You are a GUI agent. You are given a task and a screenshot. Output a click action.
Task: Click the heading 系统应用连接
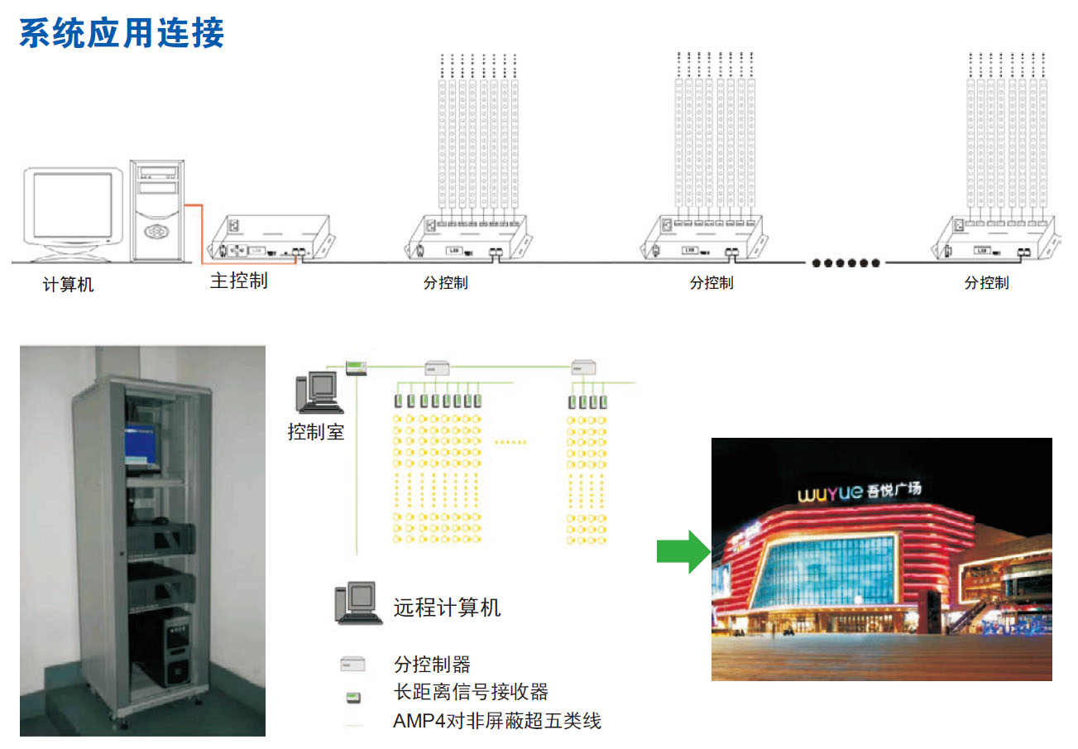tap(122, 34)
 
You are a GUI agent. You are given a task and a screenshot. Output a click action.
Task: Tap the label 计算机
tap(68, 286)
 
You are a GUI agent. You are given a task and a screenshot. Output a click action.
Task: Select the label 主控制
tap(239, 281)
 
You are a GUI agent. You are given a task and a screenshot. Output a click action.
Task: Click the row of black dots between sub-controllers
tap(845, 263)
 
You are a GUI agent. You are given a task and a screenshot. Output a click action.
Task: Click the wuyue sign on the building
tap(858, 492)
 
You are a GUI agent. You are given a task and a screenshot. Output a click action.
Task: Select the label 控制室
tap(315, 431)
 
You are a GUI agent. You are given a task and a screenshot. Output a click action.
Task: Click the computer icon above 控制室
tap(318, 392)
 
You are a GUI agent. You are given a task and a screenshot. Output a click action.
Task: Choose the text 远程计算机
tap(447, 608)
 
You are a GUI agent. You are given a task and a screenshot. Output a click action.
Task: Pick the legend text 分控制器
tap(432, 664)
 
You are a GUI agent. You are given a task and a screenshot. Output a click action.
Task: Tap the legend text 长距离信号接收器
tap(471, 692)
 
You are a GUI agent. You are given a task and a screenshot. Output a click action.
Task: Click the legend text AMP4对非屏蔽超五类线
tap(496, 721)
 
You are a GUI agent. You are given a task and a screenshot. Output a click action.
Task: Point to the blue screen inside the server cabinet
tap(140, 447)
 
